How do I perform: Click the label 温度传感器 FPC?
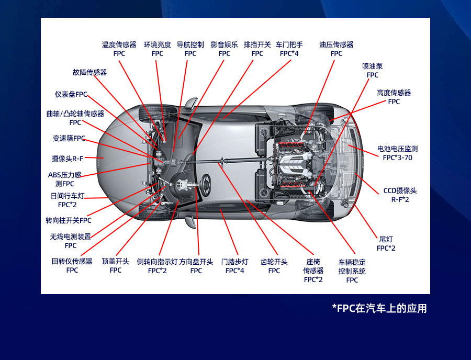coord(119,49)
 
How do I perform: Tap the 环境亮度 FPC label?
coord(157,49)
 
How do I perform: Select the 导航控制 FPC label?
coord(190,49)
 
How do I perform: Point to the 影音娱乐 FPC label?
coord(224,49)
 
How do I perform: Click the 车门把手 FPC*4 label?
coord(289,49)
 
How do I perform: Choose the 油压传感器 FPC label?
coord(336,49)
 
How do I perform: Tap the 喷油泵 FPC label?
coord(372,71)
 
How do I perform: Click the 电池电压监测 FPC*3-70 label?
coord(397,153)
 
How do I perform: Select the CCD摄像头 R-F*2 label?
coord(400,195)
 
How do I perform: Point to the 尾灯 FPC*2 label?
coord(386,243)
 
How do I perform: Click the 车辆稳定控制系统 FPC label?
coord(352,271)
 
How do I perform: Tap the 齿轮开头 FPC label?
coord(274,266)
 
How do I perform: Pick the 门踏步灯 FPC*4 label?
coord(235,266)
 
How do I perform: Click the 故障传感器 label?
coord(90,72)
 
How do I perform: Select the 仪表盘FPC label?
coord(71,94)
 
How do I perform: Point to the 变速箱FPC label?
coord(69,139)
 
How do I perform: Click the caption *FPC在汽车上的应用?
coord(379,308)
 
